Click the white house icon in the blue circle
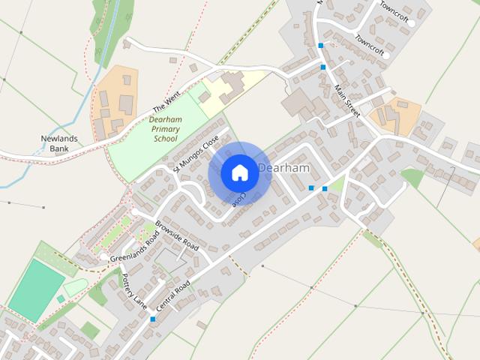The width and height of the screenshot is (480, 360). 239,172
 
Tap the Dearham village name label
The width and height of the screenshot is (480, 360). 283,168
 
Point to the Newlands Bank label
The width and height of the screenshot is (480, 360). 59,143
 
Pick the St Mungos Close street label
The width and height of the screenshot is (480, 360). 196,154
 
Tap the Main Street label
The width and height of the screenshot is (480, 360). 347,101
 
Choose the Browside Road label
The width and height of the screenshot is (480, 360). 176,236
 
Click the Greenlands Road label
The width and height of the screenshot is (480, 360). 135,248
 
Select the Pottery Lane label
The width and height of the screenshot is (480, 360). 135,292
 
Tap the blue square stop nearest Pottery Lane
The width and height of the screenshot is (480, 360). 152,319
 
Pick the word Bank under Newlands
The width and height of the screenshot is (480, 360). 59,148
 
